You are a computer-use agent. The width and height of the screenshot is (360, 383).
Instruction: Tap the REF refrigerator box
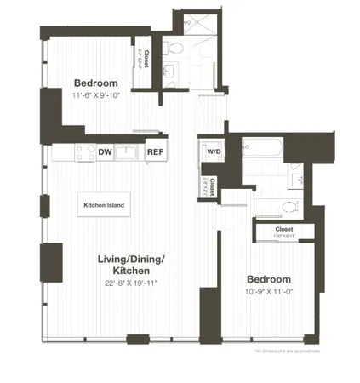coord(155,152)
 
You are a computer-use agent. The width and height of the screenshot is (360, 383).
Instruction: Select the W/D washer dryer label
coord(214,151)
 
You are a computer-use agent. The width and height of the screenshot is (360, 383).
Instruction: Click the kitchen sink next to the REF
coord(129,152)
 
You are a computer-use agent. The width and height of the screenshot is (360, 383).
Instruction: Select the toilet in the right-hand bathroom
coord(287,207)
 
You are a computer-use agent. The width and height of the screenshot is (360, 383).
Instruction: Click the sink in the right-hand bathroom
coord(295,179)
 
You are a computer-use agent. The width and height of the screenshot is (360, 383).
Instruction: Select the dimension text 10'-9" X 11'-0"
coord(269,292)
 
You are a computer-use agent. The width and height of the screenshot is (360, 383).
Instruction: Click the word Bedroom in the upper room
coord(95,82)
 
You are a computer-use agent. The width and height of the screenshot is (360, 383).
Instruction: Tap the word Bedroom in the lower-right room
coord(269,279)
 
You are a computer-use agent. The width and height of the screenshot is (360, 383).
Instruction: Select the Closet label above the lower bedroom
coord(284,229)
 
